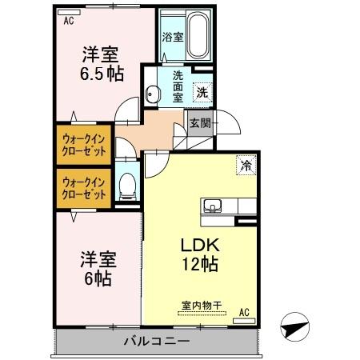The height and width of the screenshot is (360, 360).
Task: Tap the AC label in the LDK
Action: coord(244,311)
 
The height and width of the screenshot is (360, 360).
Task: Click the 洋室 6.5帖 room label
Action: coord(101,63)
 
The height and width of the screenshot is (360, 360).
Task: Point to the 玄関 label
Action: coord(200,123)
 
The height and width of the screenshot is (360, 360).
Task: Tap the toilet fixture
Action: coord(126,190)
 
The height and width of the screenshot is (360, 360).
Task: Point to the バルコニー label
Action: coord(156,342)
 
